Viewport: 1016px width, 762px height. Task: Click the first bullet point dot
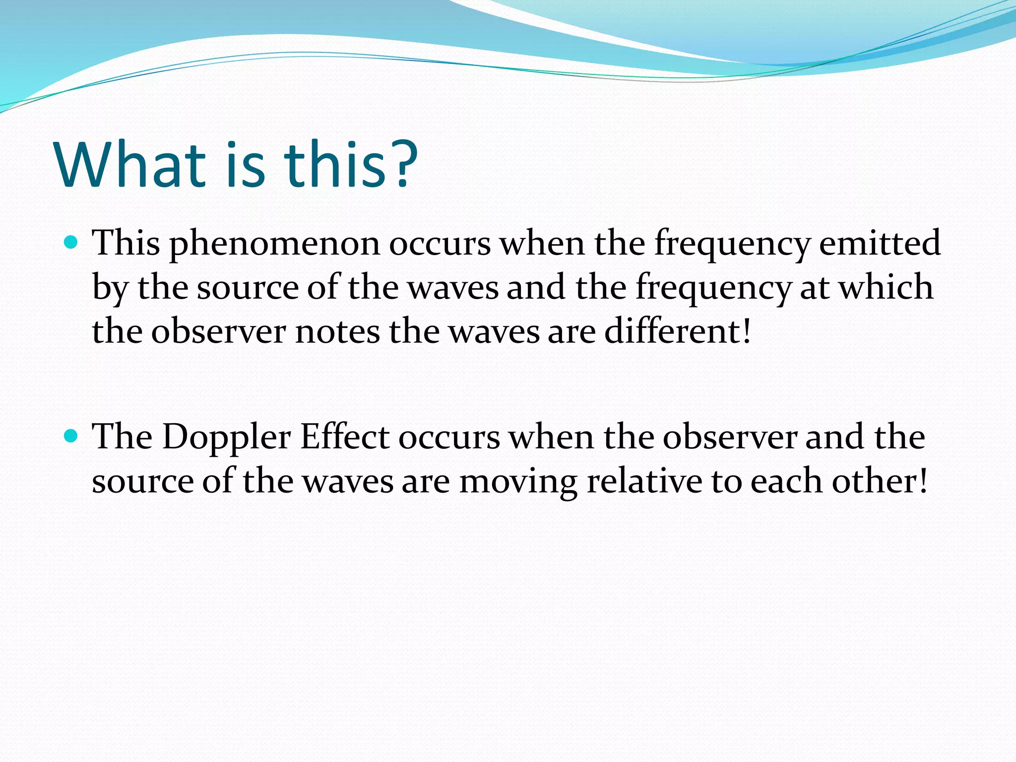pyautogui.click(x=72, y=243)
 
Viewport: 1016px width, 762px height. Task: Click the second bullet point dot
pyautogui.click(x=72, y=436)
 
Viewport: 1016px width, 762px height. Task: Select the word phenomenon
pyautogui.click(x=274, y=245)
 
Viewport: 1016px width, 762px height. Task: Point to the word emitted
pyautogui.click(x=880, y=243)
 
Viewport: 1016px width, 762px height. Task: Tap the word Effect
pyautogui.click(x=345, y=437)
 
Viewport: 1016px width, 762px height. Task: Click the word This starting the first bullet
pyautogui.click(x=127, y=243)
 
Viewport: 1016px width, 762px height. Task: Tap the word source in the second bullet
pyautogui.click(x=142, y=482)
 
